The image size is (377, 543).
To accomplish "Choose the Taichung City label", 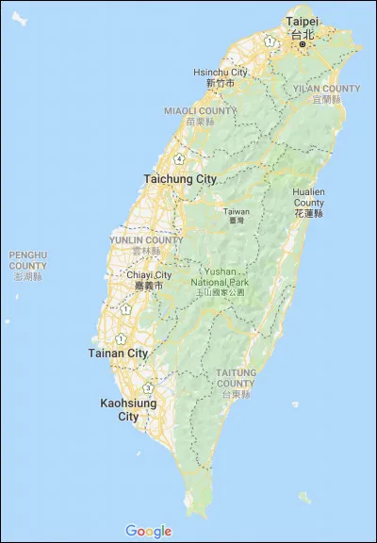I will (x=180, y=178).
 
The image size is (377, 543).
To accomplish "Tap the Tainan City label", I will (x=119, y=354).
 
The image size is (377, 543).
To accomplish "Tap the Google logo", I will (x=148, y=531).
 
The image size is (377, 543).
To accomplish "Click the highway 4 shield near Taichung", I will (x=179, y=158).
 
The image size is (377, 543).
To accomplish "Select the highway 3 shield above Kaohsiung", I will (x=148, y=387).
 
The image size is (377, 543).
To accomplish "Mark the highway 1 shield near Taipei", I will (x=270, y=41).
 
